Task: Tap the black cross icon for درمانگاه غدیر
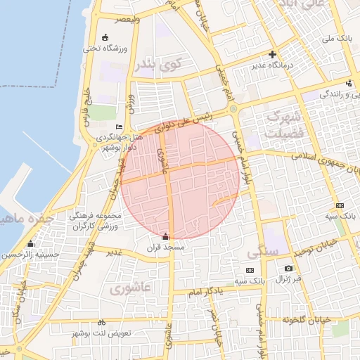coord(273,54)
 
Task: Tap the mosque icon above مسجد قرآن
coord(165,237)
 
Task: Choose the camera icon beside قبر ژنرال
coord(288,268)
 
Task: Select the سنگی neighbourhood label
coord(263,251)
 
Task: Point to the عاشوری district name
coord(130,288)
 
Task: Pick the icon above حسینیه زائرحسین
coord(30,244)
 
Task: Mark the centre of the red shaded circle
coord(180,180)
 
